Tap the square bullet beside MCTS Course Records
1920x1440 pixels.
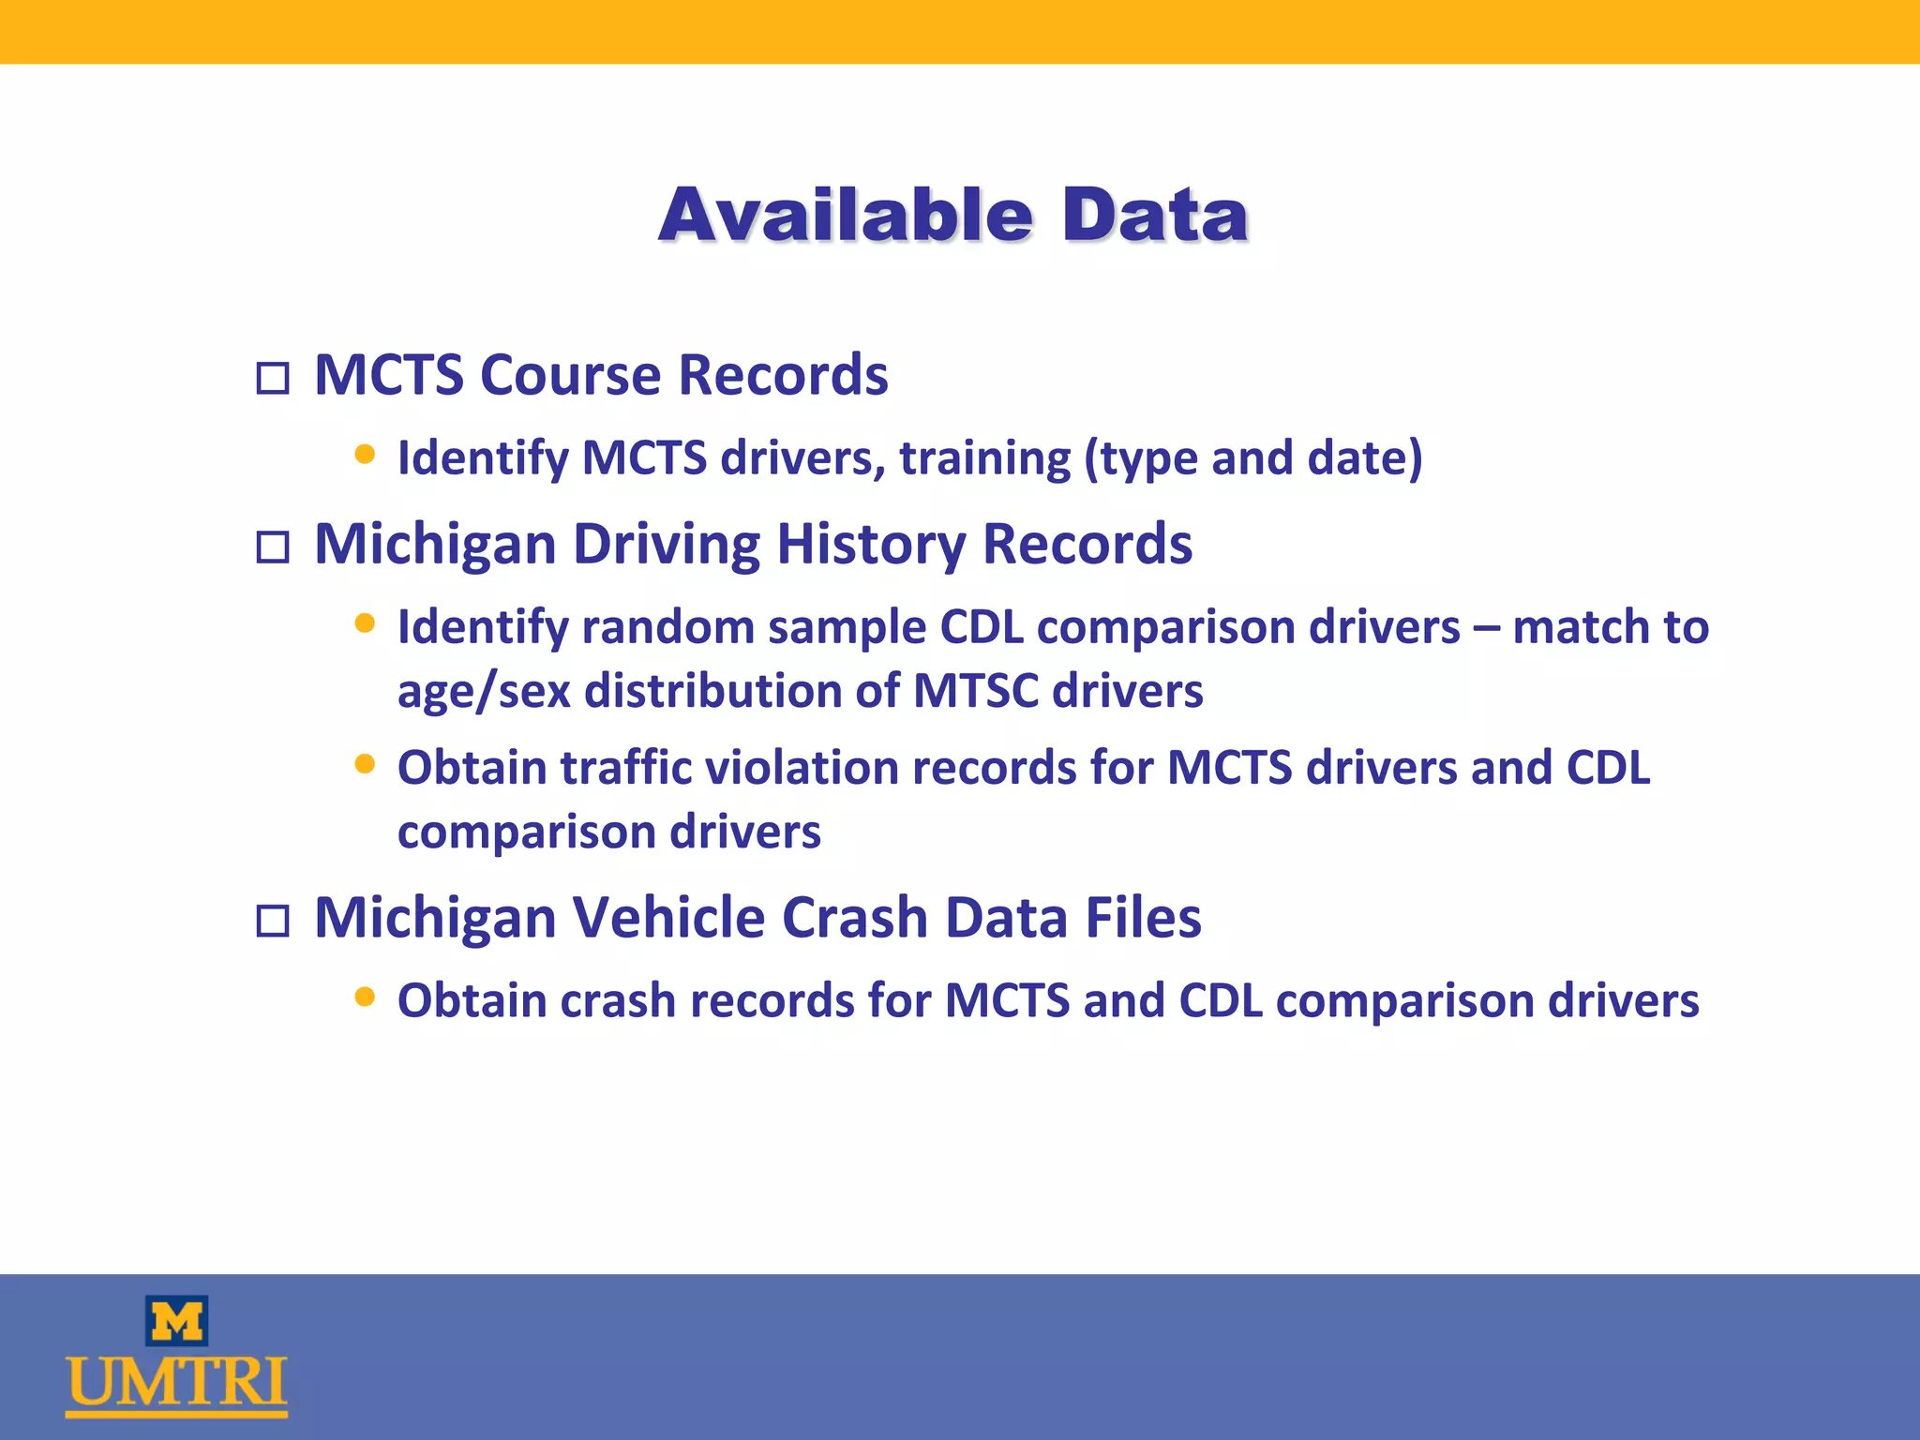click(273, 379)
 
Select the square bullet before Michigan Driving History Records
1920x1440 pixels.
click(273, 547)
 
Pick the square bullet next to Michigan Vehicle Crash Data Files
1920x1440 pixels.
click(273, 921)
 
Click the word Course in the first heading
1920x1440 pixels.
click(571, 375)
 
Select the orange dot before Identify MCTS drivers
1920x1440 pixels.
click(365, 456)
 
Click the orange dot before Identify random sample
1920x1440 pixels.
click(365, 623)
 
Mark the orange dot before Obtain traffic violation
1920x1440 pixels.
click(365, 764)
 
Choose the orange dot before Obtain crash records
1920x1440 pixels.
click(365, 997)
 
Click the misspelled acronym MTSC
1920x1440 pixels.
click(975, 691)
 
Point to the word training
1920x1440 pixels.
click(984, 458)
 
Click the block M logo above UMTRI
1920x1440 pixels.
click(176, 1321)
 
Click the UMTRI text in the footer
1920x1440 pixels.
click(176, 1384)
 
